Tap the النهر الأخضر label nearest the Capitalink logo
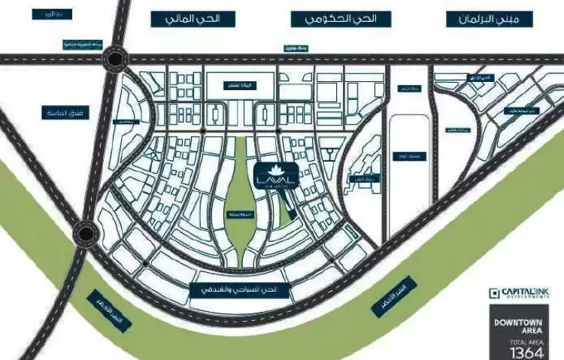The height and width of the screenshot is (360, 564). coord(393,292)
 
